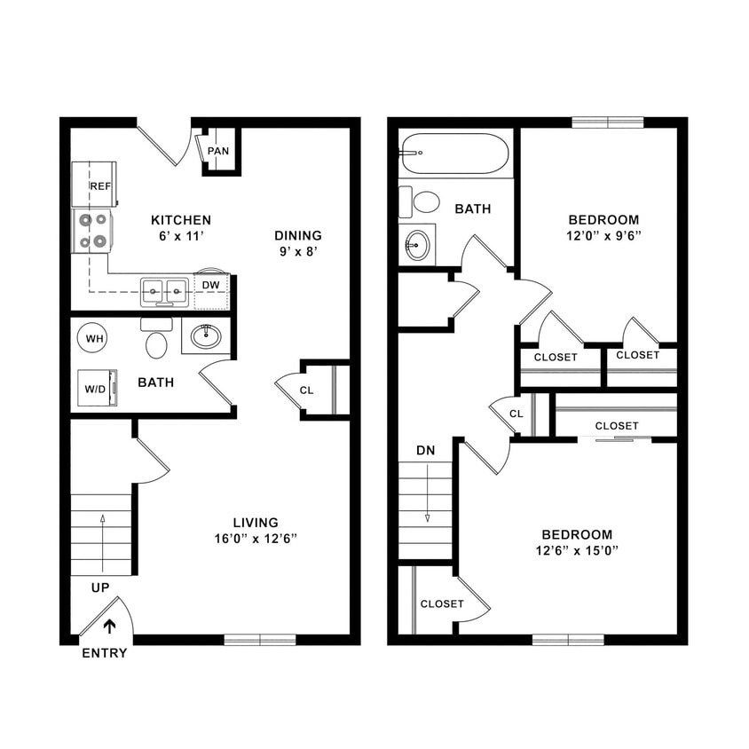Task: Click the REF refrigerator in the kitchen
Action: (94, 185)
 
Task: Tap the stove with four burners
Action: (93, 231)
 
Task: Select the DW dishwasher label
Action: (210, 285)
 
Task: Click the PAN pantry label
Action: (218, 151)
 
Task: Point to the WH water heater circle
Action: (92, 337)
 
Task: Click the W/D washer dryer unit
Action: (97, 388)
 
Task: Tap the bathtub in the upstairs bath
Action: (453, 154)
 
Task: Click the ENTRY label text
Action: (105, 653)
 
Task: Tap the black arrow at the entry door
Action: (109, 627)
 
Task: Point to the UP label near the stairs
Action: (100, 587)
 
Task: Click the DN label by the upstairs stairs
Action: (426, 450)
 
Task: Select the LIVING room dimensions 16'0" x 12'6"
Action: (256, 539)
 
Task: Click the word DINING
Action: (297, 235)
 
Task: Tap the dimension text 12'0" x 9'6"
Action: (603, 236)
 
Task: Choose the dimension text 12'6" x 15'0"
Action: (577, 550)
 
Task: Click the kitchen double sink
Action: (165, 288)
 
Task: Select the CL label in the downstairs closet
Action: (306, 390)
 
